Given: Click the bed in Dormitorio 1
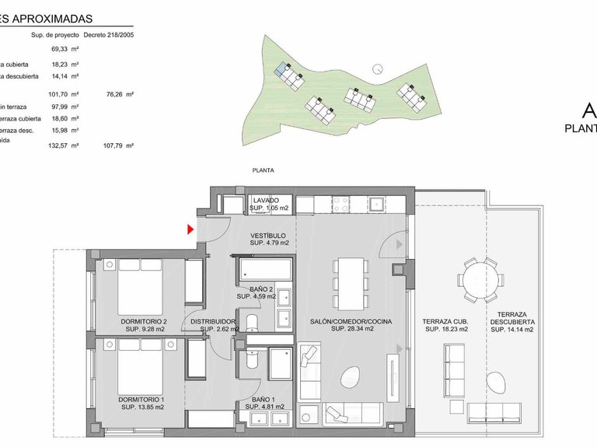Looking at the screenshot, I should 140,367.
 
